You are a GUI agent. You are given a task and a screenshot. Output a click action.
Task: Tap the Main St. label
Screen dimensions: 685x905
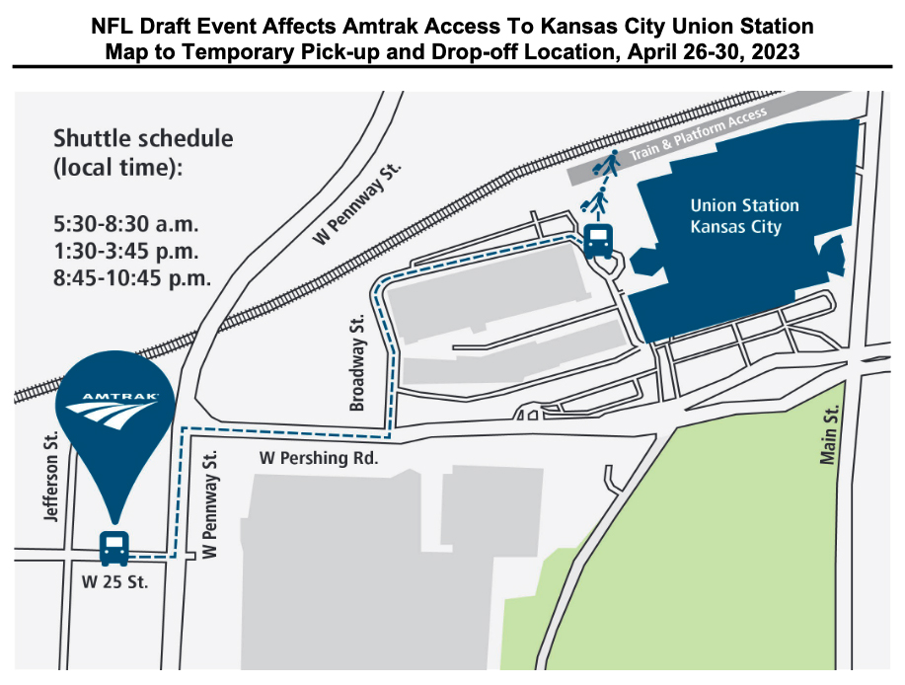click(829, 438)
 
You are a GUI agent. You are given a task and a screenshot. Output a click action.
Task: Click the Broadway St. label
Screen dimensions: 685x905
click(358, 349)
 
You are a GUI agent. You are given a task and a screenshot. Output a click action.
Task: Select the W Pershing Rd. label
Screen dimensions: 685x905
click(319, 458)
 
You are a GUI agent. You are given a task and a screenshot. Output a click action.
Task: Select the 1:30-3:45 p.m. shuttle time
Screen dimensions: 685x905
click(126, 252)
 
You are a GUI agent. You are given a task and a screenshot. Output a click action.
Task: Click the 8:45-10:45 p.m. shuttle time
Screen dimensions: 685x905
click(133, 277)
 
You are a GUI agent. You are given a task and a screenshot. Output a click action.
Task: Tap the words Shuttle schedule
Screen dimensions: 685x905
click(143, 138)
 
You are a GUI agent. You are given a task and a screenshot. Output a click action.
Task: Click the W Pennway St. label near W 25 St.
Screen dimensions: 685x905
click(208, 503)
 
